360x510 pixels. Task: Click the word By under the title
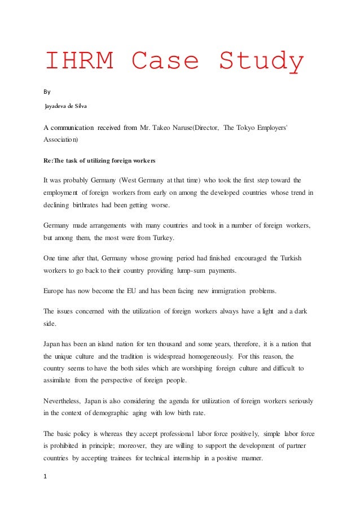coord(47,90)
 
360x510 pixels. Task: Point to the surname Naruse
coord(174,128)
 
